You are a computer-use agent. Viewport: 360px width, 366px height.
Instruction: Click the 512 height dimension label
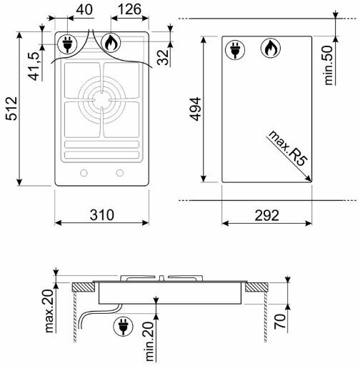12,109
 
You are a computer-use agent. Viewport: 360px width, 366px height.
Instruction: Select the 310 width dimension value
102,215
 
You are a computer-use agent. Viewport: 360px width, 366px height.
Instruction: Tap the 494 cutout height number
196,109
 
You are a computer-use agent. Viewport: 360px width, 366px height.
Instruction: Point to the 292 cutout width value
266,215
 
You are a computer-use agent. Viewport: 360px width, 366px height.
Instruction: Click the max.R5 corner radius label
287,149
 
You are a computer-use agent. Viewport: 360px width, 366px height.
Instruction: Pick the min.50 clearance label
329,65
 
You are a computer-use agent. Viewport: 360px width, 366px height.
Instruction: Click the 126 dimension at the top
129,9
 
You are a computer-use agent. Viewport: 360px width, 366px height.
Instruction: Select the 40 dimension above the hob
84,10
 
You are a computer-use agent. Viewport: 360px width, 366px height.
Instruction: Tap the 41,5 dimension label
34,66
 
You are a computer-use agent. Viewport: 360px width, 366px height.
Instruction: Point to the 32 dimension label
163,57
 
